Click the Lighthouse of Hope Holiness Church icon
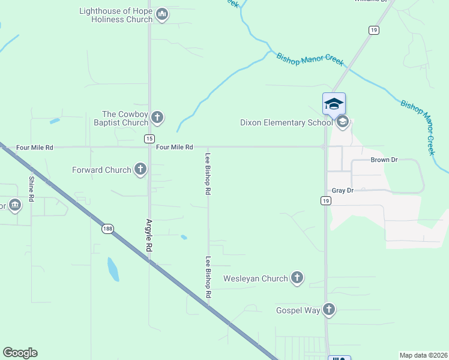161,15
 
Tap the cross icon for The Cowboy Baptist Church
157,118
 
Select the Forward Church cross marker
140,170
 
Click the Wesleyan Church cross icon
297,278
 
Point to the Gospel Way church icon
328,310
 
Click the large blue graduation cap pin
334,104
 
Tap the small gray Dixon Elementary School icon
342,122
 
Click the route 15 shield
149,139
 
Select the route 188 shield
107,229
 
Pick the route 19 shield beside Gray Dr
325,200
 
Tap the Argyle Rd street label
149,234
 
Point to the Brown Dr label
384,160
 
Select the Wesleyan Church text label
256,278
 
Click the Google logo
20,353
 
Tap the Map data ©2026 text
423,355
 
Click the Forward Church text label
101,170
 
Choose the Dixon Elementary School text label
286,122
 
